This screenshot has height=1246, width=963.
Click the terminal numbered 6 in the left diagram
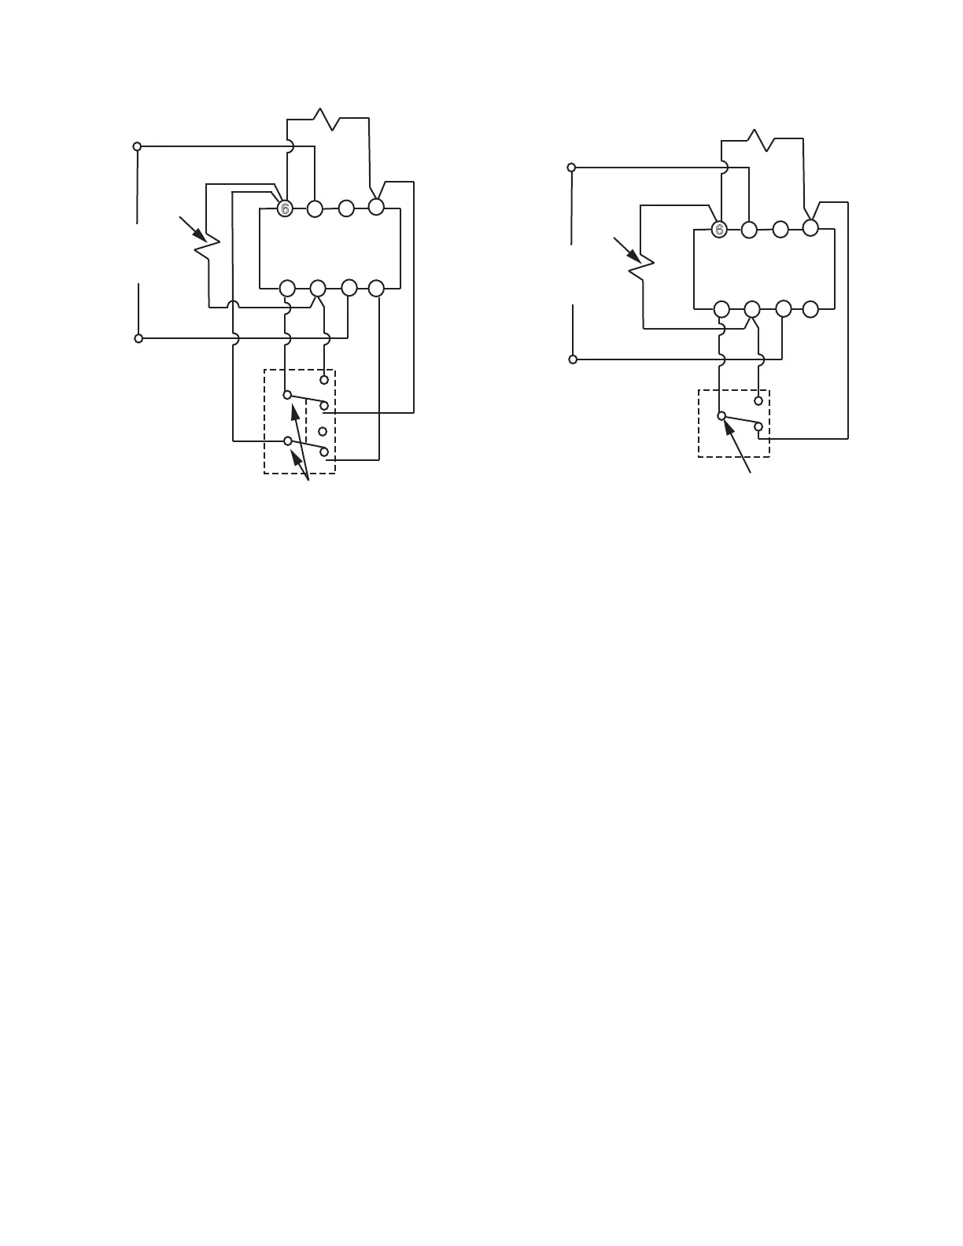285,208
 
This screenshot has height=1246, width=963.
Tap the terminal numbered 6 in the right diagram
718,230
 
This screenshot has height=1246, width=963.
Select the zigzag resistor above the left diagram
326,120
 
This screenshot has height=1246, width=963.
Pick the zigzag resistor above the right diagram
760,140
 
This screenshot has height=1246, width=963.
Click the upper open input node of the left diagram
137,146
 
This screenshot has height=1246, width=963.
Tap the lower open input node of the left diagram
138,338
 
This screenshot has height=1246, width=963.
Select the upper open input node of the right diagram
571,167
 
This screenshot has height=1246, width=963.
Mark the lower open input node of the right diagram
573,359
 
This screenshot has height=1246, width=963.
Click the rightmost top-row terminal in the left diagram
376,207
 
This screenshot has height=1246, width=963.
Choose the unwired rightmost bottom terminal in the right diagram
810,309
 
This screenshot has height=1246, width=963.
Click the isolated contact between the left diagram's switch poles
323,431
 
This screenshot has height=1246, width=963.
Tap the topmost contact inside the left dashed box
323,379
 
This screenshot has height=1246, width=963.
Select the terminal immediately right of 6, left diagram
315,208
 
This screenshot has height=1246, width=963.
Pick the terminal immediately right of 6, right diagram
749,230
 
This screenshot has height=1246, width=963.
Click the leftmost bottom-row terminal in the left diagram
287,288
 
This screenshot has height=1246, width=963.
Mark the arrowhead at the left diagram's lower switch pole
294,457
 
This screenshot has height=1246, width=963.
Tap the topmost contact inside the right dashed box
758,400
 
